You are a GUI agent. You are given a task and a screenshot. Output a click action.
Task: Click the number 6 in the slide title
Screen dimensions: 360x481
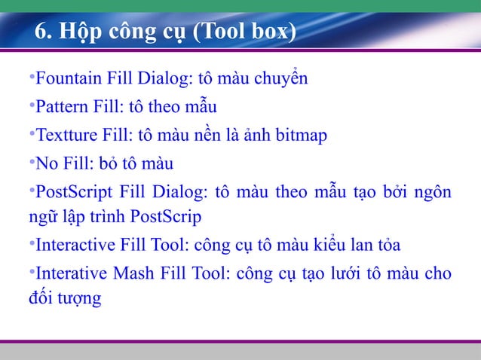41,35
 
